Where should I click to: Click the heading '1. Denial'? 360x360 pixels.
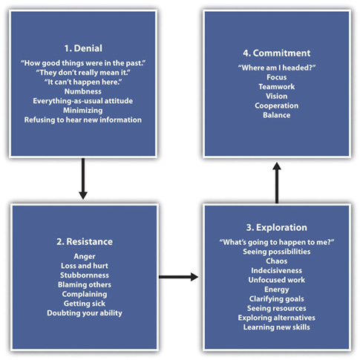[x=83, y=48]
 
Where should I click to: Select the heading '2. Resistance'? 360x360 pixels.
[x=85, y=241]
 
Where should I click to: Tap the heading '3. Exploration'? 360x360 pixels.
[x=277, y=227]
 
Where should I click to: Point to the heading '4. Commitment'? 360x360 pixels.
[x=277, y=53]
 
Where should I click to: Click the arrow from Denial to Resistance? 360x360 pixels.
[x=83, y=179]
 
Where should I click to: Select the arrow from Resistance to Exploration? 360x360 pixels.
[x=178, y=277]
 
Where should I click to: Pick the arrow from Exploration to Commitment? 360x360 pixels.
[x=277, y=183]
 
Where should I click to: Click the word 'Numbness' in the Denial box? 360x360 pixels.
[x=83, y=91]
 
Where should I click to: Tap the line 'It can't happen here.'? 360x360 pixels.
[x=83, y=82]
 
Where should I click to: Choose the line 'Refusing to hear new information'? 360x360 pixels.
[x=83, y=120]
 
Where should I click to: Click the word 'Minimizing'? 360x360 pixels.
[x=83, y=111]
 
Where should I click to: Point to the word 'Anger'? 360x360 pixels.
[x=85, y=256]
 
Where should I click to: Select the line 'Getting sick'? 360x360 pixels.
[x=85, y=304]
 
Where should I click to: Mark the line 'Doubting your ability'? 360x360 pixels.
[x=85, y=312]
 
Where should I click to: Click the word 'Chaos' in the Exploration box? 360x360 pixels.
[x=277, y=261]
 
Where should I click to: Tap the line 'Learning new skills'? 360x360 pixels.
[x=277, y=327]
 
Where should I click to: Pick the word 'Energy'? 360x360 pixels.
[x=277, y=289]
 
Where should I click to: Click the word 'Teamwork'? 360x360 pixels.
[x=277, y=87]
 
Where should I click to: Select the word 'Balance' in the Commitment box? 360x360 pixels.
[x=277, y=115]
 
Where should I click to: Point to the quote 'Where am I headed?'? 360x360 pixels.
[x=277, y=68]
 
